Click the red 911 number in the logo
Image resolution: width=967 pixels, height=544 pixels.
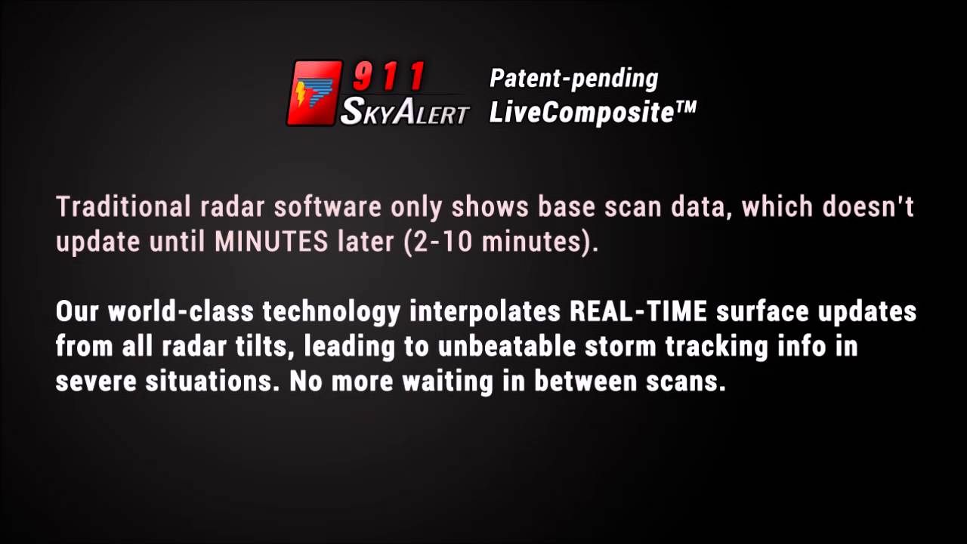[x=390, y=78]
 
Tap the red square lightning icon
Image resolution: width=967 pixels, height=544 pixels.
[x=314, y=93]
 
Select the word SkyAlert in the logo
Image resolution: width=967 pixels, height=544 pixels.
[x=405, y=112]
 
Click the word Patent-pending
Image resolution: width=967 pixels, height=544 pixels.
[x=573, y=78]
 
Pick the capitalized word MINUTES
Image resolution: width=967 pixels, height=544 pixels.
[x=271, y=242]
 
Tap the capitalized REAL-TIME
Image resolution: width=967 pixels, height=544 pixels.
[x=638, y=311]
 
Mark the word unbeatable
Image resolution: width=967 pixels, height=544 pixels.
[x=498, y=347]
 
